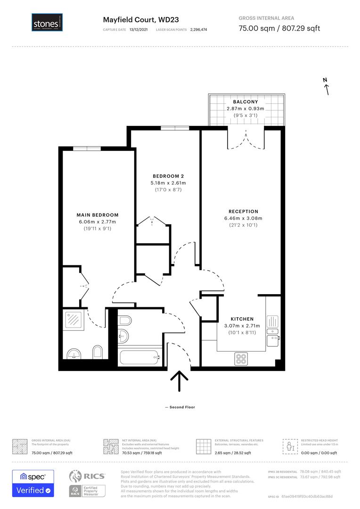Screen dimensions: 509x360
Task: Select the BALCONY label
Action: point(245,102)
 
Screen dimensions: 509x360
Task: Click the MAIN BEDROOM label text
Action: point(98,215)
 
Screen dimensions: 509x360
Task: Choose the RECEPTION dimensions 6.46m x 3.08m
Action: point(243,218)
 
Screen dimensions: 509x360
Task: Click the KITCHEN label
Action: point(242,319)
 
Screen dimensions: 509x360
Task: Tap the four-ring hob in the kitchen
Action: point(242,359)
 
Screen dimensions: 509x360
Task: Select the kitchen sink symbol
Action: point(273,322)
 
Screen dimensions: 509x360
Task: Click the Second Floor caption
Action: point(180,407)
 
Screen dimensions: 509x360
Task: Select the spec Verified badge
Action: point(33,483)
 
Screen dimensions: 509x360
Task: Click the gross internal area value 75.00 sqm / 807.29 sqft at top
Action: point(279,28)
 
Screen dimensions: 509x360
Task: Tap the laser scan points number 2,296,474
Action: point(198,29)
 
